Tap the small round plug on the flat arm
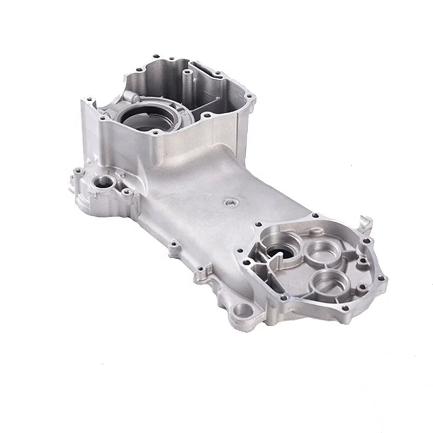click(x=229, y=202)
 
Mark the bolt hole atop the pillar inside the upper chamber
click(x=186, y=71)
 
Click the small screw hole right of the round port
click(x=126, y=191)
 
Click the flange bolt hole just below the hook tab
click(x=368, y=240)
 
